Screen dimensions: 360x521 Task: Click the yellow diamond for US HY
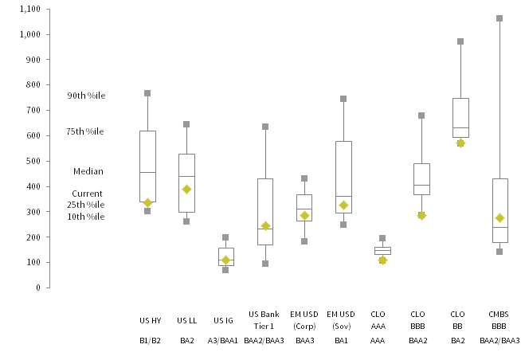point(147,203)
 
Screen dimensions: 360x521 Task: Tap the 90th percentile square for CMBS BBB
point(499,18)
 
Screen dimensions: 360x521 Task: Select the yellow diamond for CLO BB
point(460,143)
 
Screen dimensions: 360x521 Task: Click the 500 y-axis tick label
point(33,161)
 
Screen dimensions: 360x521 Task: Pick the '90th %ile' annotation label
point(86,96)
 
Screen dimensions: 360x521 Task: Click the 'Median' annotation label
point(88,171)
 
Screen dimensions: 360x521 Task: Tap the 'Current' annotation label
point(87,194)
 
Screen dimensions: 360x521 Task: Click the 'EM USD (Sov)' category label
point(343,320)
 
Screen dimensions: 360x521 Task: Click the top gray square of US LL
point(186,124)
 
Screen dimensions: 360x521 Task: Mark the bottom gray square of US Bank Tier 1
point(265,264)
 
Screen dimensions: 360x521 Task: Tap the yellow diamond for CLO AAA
point(382,260)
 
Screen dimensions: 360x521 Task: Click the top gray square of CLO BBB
point(421,115)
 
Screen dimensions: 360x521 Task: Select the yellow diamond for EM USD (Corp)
point(304,215)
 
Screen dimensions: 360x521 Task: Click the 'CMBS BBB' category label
point(499,320)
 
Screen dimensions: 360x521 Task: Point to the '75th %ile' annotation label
point(86,131)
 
